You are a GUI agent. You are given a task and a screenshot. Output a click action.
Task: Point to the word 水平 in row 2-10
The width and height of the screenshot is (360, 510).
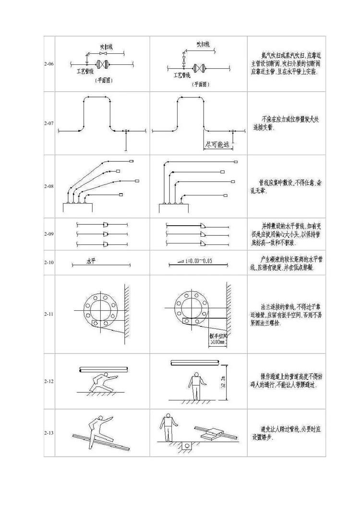(x=91, y=261)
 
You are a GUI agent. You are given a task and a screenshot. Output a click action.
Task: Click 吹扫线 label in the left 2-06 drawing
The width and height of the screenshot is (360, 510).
(x=106, y=47)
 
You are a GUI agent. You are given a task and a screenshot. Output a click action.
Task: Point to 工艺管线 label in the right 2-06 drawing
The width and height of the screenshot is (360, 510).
(x=181, y=75)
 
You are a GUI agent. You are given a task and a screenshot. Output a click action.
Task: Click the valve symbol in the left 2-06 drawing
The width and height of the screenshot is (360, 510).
(x=102, y=64)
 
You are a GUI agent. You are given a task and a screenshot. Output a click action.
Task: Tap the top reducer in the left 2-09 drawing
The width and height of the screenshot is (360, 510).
(x=106, y=224)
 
